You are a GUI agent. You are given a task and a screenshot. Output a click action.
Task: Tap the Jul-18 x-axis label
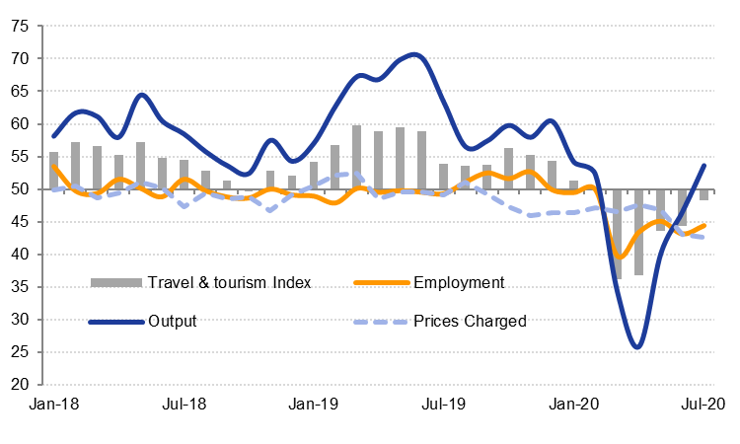183,404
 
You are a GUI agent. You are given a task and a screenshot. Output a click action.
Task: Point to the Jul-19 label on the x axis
443,404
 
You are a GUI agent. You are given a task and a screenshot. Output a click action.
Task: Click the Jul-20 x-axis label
703,404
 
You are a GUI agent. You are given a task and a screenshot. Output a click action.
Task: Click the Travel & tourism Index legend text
229,283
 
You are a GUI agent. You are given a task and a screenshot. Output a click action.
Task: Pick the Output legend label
172,321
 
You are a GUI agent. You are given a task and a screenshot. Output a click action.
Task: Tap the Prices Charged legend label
470,321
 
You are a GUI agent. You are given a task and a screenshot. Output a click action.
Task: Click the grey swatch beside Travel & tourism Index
114,283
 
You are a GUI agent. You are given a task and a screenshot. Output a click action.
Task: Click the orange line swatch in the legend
379,283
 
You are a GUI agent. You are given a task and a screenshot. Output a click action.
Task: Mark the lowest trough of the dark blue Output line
637,346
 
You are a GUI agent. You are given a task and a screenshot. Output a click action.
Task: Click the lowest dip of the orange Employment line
620,257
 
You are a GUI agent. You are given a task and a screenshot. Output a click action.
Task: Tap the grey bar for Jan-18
53,171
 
